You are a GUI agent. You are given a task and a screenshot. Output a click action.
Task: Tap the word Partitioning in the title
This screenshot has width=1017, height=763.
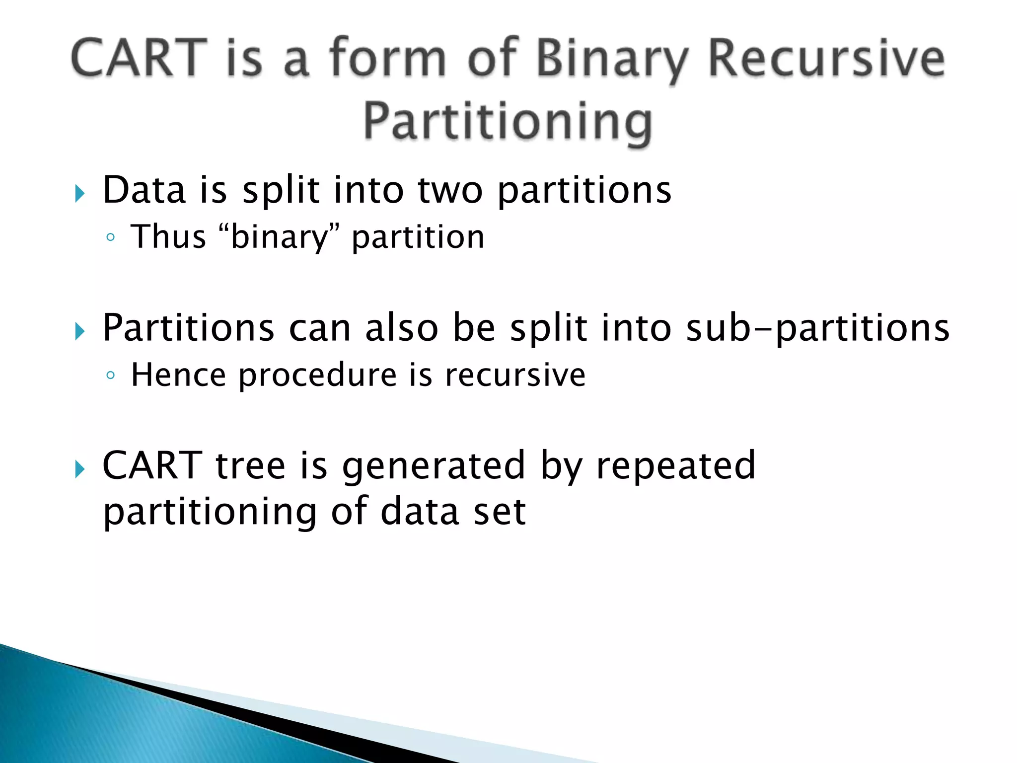[508, 122]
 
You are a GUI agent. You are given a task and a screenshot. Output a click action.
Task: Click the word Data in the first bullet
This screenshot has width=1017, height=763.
[144, 190]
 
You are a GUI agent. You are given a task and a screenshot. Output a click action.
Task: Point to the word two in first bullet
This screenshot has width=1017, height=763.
[450, 191]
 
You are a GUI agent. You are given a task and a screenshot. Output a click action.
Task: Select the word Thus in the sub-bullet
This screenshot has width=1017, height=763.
[168, 236]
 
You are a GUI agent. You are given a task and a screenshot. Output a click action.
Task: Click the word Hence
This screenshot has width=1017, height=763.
[178, 375]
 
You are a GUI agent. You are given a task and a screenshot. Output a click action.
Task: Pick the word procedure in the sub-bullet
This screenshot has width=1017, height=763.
[318, 376]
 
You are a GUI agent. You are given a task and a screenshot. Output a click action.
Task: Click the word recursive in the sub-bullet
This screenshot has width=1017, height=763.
[515, 376]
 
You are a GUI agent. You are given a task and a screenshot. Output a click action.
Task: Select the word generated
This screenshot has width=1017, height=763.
[434, 466]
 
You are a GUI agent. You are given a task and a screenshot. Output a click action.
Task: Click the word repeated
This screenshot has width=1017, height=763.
[675, 466]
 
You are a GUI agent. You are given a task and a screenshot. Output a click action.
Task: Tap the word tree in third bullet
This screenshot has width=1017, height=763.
[250, 466]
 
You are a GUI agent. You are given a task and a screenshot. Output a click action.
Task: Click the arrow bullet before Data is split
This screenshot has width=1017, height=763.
[80, 193]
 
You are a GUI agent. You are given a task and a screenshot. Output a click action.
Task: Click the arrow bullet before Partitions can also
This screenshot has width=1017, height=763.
[80, 331]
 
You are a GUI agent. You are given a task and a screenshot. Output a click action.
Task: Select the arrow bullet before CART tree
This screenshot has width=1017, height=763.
[80, 468]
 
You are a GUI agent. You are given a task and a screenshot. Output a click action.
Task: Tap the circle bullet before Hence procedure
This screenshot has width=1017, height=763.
[111, 376]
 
